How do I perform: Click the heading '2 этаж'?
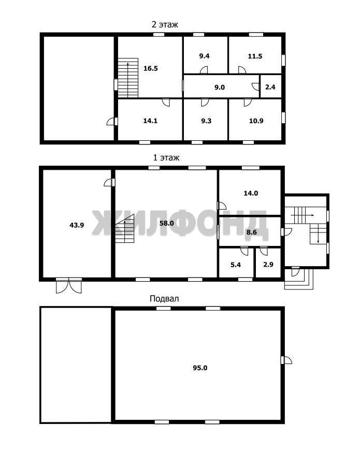click(165, 24)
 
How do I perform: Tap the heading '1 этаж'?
click(166, 158)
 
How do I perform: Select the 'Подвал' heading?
click(164, 298)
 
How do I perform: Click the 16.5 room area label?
click(151, 68)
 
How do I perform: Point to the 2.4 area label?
click(270, 86)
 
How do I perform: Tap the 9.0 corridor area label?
click(220, 87)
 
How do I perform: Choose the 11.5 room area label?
click(255, 56)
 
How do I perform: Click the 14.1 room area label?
click(150, 121)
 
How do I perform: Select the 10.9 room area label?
click(256, 121)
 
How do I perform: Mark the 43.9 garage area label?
click(77, 225)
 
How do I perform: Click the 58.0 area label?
click(167, 223)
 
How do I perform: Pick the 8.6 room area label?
click(252, 232)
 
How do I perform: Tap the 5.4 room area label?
click(236, 265)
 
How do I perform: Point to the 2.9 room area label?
click(268, 265)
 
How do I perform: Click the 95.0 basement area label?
click(200, 368)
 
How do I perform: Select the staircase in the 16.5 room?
click(128, 78)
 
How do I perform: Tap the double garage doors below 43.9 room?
click(69, 286)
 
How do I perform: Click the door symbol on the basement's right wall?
click(286, 360)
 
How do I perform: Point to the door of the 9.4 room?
click(204, 70)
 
